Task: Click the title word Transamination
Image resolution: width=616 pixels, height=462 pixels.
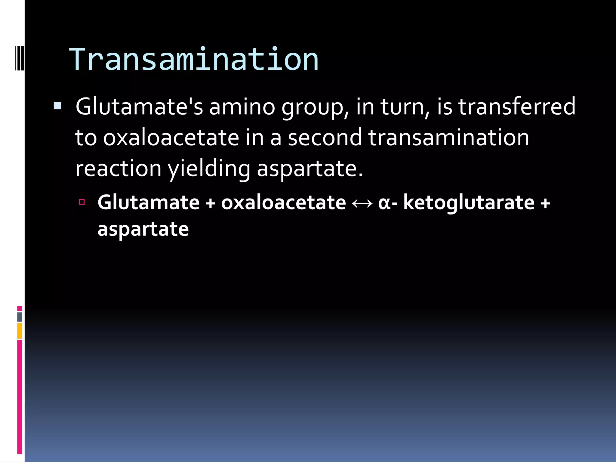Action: [194, 60]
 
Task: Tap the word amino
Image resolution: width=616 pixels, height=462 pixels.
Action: [242, 106]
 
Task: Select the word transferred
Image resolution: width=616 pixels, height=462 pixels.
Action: [517, 106]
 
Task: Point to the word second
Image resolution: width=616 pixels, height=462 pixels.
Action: [325, 137]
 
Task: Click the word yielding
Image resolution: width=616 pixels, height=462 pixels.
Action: [209, 169]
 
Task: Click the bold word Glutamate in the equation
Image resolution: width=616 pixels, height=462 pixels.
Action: [149, 202]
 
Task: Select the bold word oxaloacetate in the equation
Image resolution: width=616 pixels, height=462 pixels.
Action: [284, 202]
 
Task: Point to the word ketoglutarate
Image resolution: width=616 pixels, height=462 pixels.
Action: [469, 202]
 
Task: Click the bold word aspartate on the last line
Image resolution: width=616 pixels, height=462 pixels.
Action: [143, 229]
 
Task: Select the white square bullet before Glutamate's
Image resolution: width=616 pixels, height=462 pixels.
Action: [57, 106]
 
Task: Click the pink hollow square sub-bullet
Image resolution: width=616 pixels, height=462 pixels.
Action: [82, 202]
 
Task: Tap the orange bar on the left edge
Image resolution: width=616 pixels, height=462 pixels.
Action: [20, 331]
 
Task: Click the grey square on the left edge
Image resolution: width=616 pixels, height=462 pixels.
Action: [20, 317]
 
